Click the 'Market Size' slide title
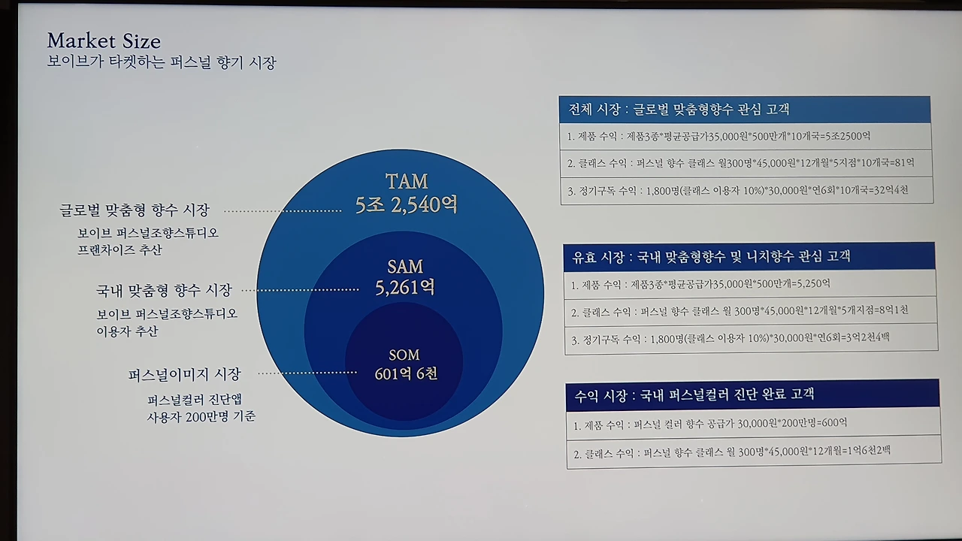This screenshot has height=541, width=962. point(104,41)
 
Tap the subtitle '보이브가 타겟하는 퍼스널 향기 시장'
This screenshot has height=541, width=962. point(162,63)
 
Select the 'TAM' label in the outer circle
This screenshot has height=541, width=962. point(406,182)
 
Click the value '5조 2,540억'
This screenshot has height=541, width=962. point(406,204)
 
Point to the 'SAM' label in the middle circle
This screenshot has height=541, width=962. point(405,267)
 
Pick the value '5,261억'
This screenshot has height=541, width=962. point(405,287)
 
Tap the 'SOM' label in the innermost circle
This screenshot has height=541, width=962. point(404,355)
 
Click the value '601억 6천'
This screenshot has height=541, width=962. point(406,373)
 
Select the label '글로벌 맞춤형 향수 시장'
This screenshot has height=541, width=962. point(135,210)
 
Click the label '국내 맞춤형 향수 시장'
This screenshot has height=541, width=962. point(164,289)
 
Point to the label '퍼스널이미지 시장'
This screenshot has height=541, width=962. point(185,373)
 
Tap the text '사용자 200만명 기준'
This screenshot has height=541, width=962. point(201,416)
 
